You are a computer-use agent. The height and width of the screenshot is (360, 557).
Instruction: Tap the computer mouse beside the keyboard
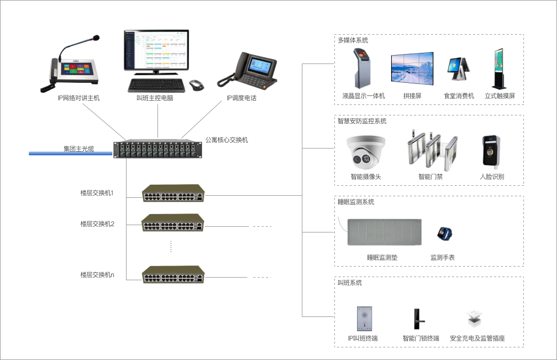click(x=196, y=84)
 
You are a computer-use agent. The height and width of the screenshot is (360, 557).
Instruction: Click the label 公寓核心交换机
click(x=226, y=140)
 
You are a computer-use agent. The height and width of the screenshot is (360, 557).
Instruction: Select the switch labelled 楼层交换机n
click(x=173, y=274)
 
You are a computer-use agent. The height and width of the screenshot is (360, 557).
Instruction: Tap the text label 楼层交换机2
click(x=97, y=224)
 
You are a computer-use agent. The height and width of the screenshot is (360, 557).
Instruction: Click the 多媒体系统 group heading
click(x=353, y=40)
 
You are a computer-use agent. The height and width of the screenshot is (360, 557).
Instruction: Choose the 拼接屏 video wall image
click(x=412, y=68)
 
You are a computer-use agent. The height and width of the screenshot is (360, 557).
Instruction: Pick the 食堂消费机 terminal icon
click(x=458, y=72)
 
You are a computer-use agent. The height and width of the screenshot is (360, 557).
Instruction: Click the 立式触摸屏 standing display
click(x=499, y=69)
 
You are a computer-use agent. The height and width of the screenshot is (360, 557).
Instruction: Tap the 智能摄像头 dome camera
click(x=366, y=151)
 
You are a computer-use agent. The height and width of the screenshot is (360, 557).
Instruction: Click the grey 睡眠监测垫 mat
click(x=384, y=232)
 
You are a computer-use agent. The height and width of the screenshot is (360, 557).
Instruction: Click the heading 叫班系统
click(x=350, y=283)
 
